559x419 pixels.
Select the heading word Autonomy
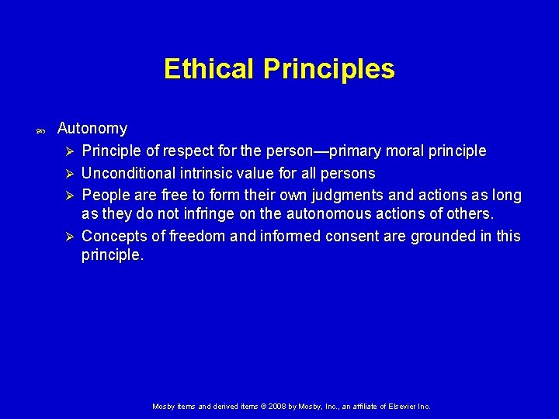(x=92, y=128)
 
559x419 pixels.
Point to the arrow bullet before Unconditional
(x=69, y=173)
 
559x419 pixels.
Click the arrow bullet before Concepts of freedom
(x=69, y=236)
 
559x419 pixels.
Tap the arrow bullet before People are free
(x=69, y=195)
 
